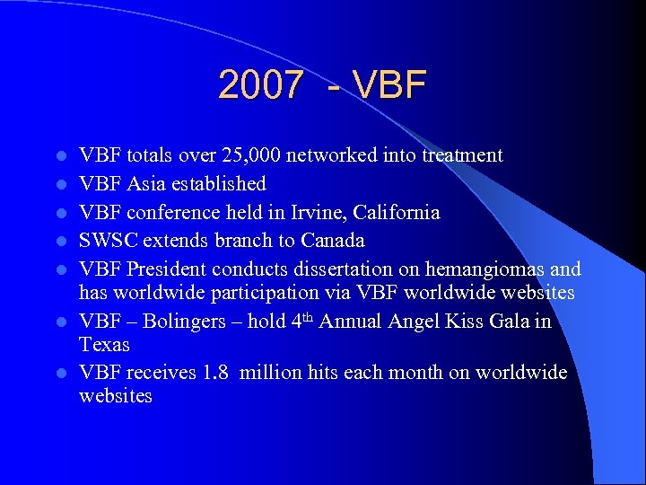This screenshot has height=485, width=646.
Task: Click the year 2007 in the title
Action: (260, 85)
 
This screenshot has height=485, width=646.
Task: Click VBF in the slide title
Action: (390, 85)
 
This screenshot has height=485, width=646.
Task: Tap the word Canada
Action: (331, 241)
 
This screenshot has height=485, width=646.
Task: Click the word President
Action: (161, 269)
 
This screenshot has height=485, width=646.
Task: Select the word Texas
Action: (104, 345)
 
